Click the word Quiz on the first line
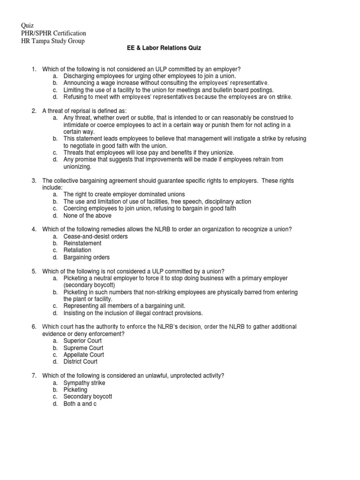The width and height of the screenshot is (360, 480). pyautogui.click(x=28, y=25)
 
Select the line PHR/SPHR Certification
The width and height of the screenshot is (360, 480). pyautogui.click(x=54, y=33)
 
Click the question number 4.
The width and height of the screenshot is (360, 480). pyautogui.click(x=34, y=229)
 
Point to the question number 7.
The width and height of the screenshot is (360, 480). pyautogui.click(x=34, y=376)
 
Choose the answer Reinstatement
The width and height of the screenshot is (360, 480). pyautogui.click(x=82, y=243)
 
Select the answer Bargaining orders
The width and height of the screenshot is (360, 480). pyautogui.click(x=87, y=257)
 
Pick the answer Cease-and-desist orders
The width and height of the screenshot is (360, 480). pyautogui.click(x=96, y=236)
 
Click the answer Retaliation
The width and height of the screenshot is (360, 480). pyautogui.click(x=78, y=250)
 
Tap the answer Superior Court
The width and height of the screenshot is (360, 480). pyautogui.click(x=82, y=341)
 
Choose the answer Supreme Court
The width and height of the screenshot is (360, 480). pyautogui.click(x=83, y=348)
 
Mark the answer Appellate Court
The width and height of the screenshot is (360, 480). pyautogui.click(x=83, y=355)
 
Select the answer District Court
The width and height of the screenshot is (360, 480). pyautogui.click(x=81, y=362)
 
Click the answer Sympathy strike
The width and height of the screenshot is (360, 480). pyautogui.click(x=84, y=383)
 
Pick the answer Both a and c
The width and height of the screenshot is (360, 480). pyautogui.click(x=80, y=404)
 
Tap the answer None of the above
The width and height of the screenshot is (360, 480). pyautogui.click(x=88, y=216)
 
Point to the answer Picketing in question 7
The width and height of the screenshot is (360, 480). pyautogui.click(x=75, y=390)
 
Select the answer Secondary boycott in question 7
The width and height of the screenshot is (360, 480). pyautogui.click(x=88, y=397)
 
